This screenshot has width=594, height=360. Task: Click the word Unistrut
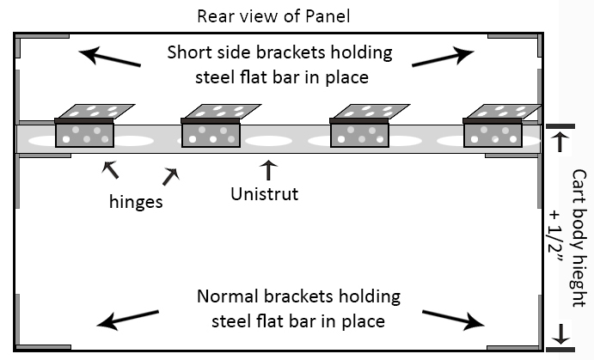[x=265, y=193]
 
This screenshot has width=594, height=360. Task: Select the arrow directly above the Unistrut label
[x=269, y=168]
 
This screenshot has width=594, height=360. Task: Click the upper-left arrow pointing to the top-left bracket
[x=109, y=58]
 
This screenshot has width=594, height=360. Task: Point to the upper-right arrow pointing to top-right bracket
[x=442, y=57]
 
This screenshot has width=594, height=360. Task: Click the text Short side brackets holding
[x=279, y=52]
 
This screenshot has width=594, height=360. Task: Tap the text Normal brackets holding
[x=298, y=297]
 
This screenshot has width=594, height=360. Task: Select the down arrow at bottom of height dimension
[x=560, y=333]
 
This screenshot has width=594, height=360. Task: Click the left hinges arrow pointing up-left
[x=111, y=169]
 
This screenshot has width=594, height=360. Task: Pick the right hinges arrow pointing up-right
[x=170, y=176]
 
